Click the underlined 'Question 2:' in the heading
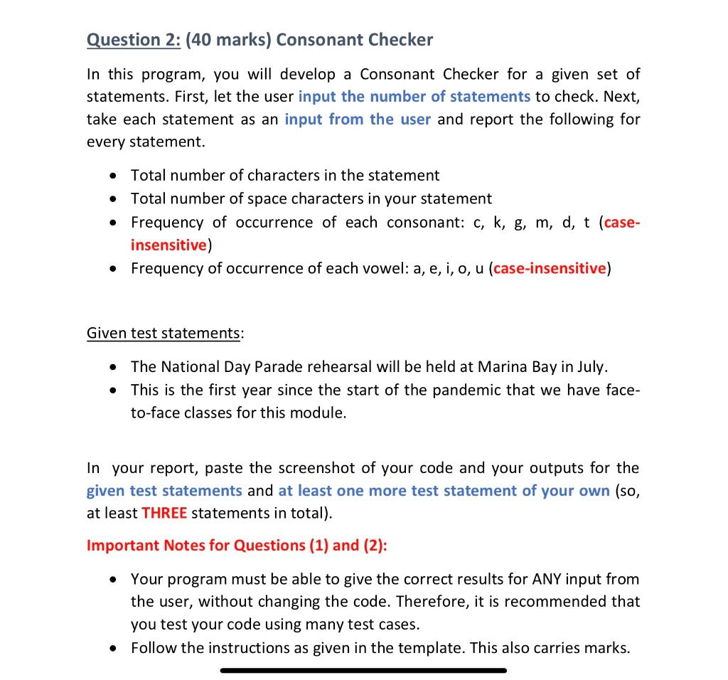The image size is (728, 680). pyautogui.click(x=133, y=40)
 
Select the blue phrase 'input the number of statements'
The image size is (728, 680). pyautogui.click(x=414, y=97)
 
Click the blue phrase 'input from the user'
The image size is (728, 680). pyautogui.click(x=358, y=119)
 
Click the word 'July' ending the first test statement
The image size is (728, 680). pyautogui.click(x=591, y=367)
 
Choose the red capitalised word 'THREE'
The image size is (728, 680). pyautogui.click(x=164, y=514)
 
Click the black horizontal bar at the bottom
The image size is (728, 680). pyautogui.click(x=363, y=670)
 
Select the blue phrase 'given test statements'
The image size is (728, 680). pyautogui.click(x=164, y=491)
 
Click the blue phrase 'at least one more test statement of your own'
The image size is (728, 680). pyautogui.click(x=444, y=491)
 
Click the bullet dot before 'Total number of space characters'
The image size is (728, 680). pyautogui.click(x=112, y=199)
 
